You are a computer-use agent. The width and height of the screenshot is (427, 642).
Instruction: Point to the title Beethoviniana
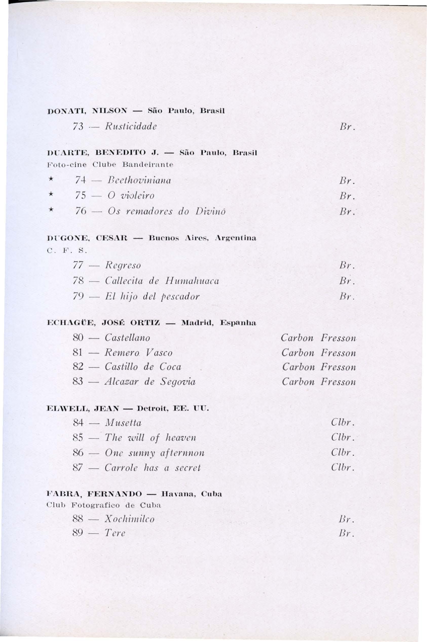(138, 180)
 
